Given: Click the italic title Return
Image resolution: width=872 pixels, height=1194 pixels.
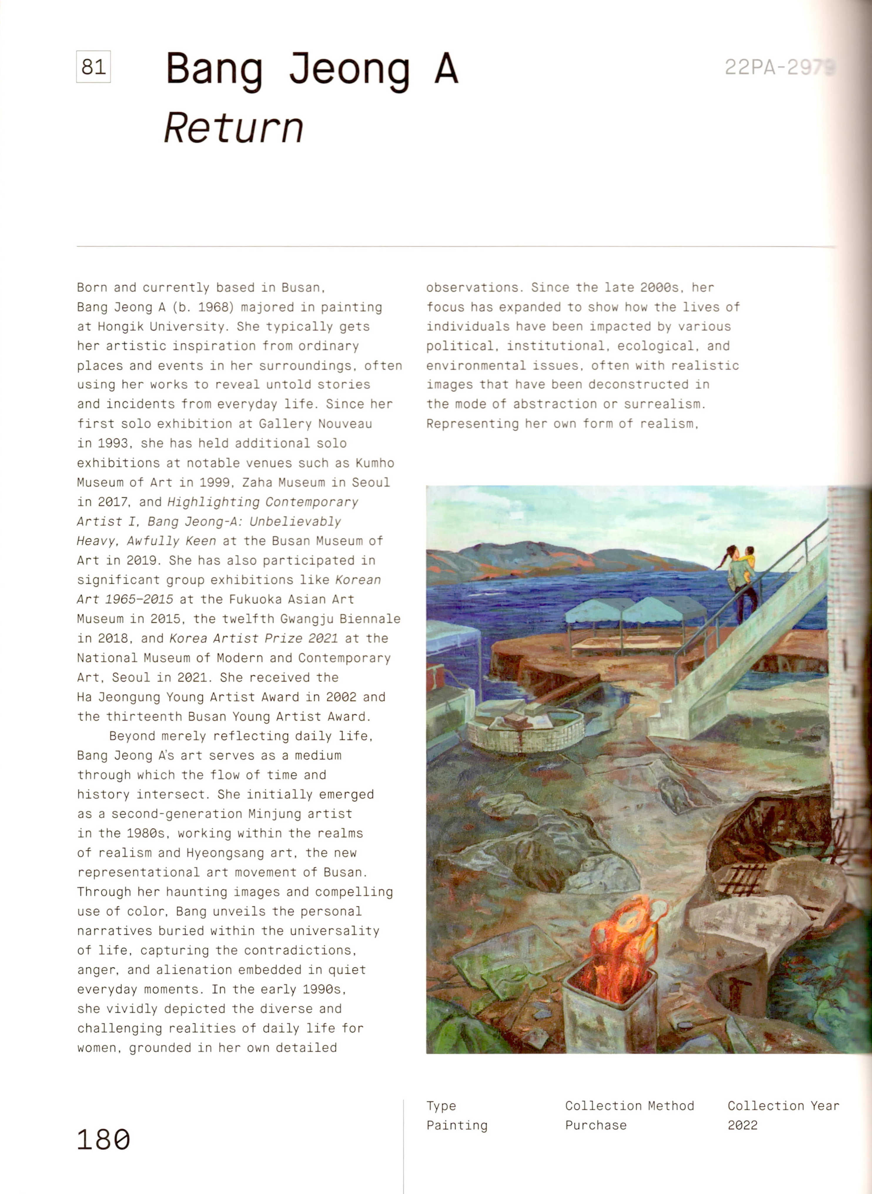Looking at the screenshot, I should (x=234, y=128).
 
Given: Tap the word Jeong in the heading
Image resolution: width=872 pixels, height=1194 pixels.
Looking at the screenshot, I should (x=349, y=69).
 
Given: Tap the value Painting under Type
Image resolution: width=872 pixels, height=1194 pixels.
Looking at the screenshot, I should (x=457, y=1125).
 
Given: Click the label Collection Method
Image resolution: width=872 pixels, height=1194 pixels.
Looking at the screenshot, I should (x=629, y=1105).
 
